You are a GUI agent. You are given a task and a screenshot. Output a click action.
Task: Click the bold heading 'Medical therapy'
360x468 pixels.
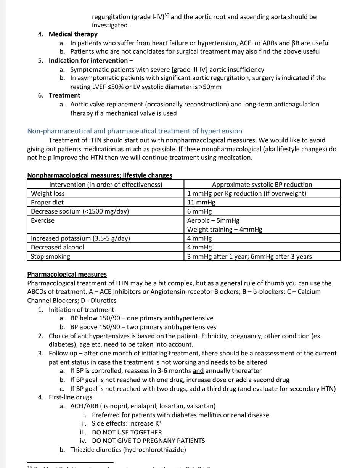[73, 34]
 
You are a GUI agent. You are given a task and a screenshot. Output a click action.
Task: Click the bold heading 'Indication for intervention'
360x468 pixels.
[88, 60]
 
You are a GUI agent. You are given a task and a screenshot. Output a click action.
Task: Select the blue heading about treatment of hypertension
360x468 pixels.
[135, 131]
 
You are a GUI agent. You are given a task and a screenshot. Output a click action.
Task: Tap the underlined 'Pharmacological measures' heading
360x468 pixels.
[67, 274]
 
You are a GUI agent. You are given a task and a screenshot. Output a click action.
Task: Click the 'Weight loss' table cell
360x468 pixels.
[48, 193]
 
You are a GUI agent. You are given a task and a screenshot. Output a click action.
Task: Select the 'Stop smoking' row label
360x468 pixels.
[50, 256]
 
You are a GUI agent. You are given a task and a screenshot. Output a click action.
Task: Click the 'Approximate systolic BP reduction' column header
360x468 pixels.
[262, 185]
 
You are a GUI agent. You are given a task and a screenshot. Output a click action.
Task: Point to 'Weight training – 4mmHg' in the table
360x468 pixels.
[224, 229]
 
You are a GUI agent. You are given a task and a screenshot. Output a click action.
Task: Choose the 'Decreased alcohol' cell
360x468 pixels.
[57, 247]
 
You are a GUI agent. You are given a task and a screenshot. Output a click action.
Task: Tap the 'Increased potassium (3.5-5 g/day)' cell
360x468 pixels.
[80, 238]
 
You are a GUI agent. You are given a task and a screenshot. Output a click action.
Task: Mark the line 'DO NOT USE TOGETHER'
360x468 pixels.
[127, 432]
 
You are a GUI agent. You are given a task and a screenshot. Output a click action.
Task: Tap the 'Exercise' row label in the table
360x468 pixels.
[43, 220]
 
